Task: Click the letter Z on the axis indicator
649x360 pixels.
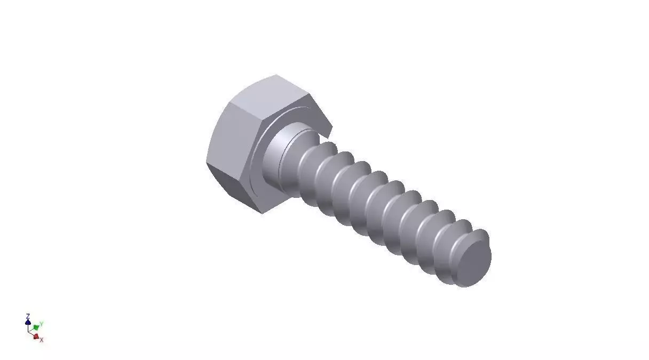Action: pos(28,316)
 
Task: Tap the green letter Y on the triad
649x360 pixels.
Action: pos(42,324)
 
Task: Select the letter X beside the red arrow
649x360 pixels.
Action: pos(42,340)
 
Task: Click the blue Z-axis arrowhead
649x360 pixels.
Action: pos(28,322)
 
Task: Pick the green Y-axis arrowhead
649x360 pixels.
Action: pos(36,326)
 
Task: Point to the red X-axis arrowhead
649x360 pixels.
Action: pos(36,337)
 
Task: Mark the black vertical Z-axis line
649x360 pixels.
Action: pos(28,326)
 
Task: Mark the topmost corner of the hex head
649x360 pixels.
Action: pos(276,75)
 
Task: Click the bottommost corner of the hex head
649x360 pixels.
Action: pos(262,214)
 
